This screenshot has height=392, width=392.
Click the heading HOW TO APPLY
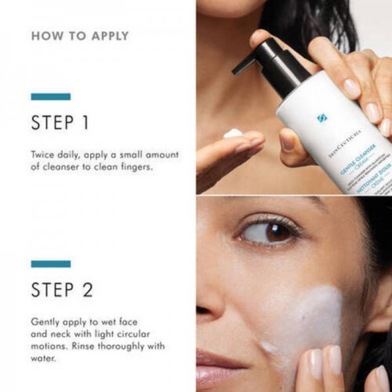tap(80, 36)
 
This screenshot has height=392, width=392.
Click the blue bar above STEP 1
tap(50, 97)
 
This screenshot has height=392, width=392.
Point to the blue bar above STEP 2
tap(50, 264)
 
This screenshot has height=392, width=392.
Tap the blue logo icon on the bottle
tap(321, 118)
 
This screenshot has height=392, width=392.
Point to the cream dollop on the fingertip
tap(233, 133)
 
